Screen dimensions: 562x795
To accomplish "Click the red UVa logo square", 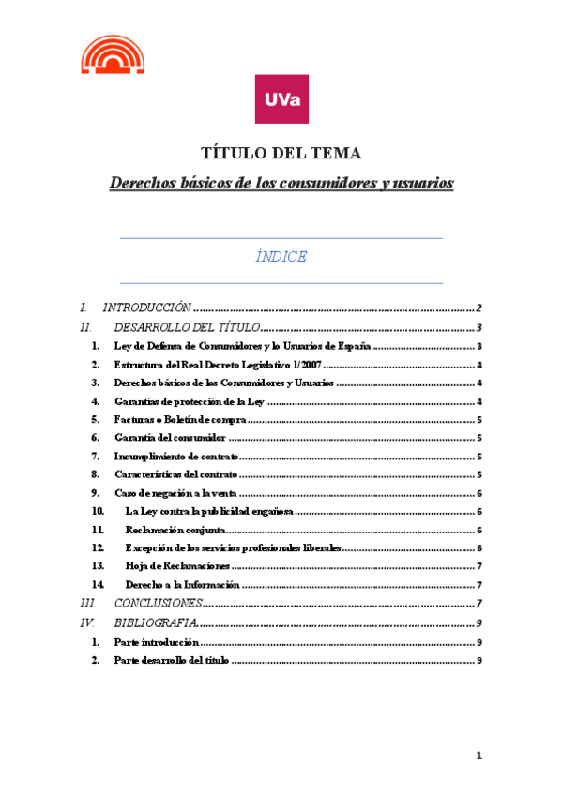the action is coord(281,98).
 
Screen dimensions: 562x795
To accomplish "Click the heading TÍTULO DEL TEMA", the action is coord(281,154).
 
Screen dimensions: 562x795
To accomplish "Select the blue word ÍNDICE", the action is coord(281,256).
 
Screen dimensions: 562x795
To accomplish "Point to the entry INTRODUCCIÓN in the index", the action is coord(146,307).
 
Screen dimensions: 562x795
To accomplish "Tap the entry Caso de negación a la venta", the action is coord(175,493).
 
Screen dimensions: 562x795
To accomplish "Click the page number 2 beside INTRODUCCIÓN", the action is coord(478,307).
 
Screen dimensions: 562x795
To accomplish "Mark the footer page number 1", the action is coord(478,756).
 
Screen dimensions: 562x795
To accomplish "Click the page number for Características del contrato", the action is coord(479,474).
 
